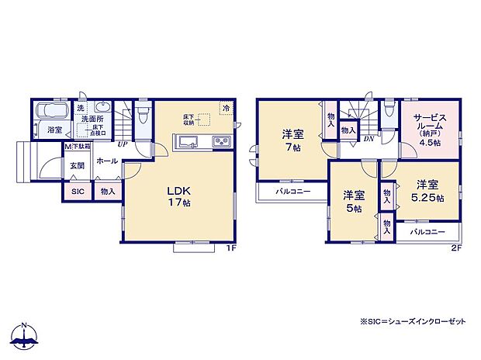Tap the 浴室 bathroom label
[54, 130]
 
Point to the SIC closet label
[78, 191]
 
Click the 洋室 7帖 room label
[292, 140]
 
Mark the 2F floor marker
[456, 248]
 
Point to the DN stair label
[369, 140]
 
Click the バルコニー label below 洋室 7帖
[292, 191]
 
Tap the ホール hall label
[107, 161]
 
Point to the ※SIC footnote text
[414, 322]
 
